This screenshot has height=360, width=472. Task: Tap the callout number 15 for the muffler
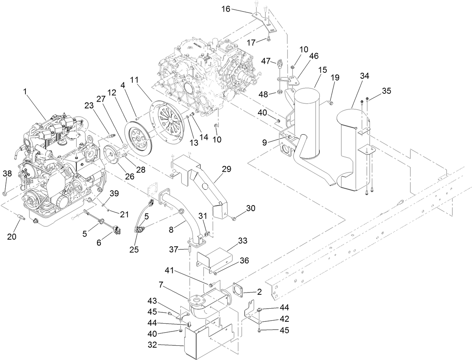coord(322,70)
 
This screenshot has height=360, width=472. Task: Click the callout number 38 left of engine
coord(7,173)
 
